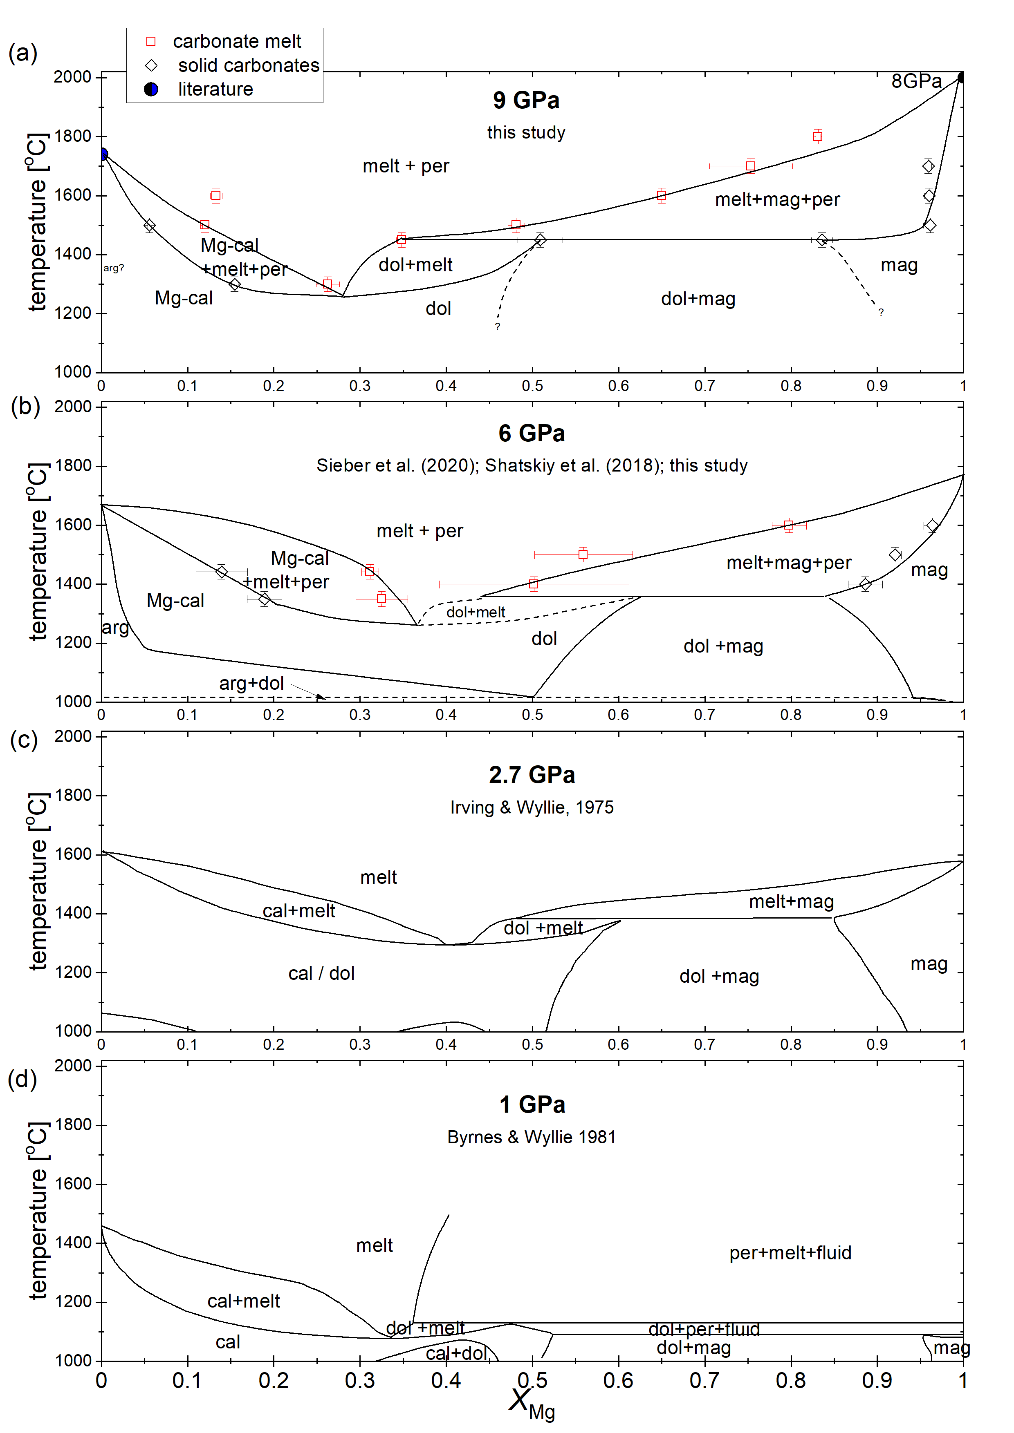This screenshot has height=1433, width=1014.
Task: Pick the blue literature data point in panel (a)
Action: pos(103,154)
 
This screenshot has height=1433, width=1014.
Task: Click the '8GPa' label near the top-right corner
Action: pos(916,81)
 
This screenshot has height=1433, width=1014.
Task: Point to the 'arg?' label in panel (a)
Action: pos(114,268)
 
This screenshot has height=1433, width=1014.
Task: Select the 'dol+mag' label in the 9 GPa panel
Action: pos(698,299)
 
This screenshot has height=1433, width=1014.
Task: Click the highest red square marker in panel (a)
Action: pos(818,136)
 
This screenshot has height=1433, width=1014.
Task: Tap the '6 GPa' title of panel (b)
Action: pos(532,433)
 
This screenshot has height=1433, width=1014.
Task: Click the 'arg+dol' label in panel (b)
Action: pos(251,684)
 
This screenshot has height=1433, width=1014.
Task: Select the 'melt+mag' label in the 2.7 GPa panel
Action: pos(791,901)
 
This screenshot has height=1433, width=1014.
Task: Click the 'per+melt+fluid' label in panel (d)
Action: pos(790,1253)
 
